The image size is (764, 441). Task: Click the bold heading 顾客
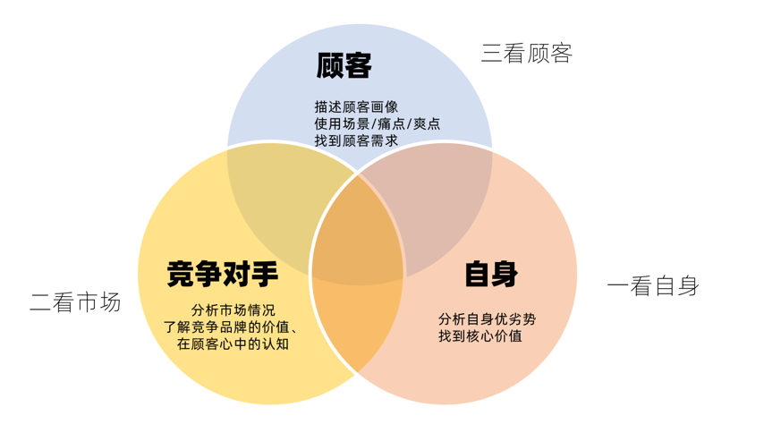pos(344,65)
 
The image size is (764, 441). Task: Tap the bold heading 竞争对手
pos(223,274)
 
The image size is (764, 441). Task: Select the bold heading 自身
pos(491,274)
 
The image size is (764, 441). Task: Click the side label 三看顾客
pos(527,53)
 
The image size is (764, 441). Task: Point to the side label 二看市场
pos(75,302)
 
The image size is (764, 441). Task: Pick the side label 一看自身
pos(653,286)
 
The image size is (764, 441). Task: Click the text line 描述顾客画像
pos(357,106)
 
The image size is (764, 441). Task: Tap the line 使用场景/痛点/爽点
pos(377,123)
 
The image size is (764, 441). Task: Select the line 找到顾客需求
pos(356,140)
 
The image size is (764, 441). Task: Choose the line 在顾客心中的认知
pos(233,343)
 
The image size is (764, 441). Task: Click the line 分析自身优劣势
pos(488,318)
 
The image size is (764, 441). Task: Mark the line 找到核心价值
pos(480,335)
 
